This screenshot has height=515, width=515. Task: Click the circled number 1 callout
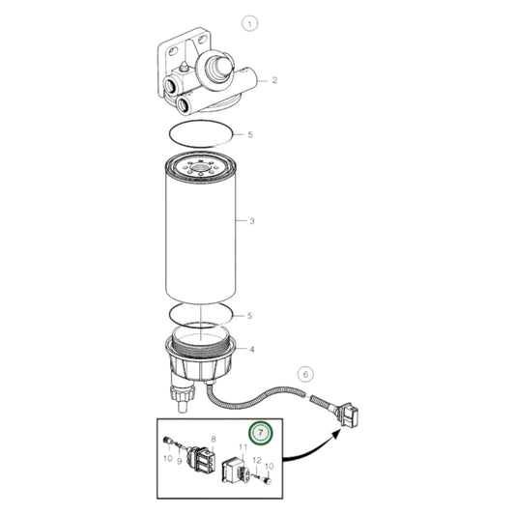point(249,23)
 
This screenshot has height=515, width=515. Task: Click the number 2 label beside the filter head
point(274,80)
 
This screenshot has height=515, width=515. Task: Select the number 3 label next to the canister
point(252,221)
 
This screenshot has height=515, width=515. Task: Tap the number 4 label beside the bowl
point(251,349)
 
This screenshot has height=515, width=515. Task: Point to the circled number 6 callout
point(305,375)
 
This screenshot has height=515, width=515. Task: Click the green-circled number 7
point(261,433)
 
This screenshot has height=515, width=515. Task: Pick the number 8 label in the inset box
point(214,439)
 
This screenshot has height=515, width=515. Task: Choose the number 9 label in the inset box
point(180,462)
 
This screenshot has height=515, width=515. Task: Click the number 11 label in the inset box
point(243,446)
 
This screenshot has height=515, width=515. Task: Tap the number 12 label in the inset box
point(257,461)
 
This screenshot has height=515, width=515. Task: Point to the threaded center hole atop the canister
point(200,168)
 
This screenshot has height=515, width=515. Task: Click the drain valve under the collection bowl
point(183,394)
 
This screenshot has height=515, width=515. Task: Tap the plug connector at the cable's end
point(348,415)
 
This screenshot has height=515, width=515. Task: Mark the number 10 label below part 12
point(269,466)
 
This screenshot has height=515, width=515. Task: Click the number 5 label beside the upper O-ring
point(250,134)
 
